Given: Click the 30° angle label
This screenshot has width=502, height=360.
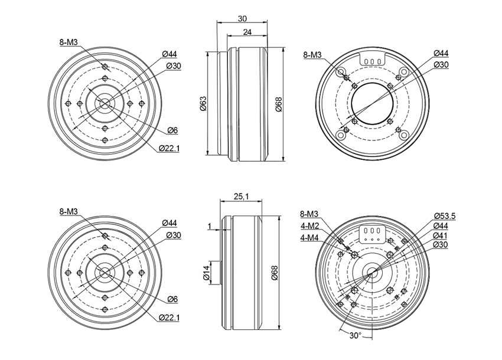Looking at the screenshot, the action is (355, 335).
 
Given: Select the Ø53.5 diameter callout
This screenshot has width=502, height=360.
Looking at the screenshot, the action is (445, 216).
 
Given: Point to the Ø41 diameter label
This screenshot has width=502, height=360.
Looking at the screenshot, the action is (441, 235).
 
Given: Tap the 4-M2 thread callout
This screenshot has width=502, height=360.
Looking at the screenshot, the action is (309, 226).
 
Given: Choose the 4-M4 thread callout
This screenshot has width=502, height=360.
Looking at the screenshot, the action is (309, 238).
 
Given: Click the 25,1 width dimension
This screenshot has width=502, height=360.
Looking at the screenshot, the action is (241, 196).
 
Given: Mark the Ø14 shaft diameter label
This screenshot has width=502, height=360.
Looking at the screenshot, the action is (206, 273).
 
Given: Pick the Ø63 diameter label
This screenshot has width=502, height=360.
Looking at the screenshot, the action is (203, 103).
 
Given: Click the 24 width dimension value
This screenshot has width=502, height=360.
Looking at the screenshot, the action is (247, 32).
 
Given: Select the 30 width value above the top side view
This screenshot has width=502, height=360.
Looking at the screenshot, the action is (242, 18).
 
